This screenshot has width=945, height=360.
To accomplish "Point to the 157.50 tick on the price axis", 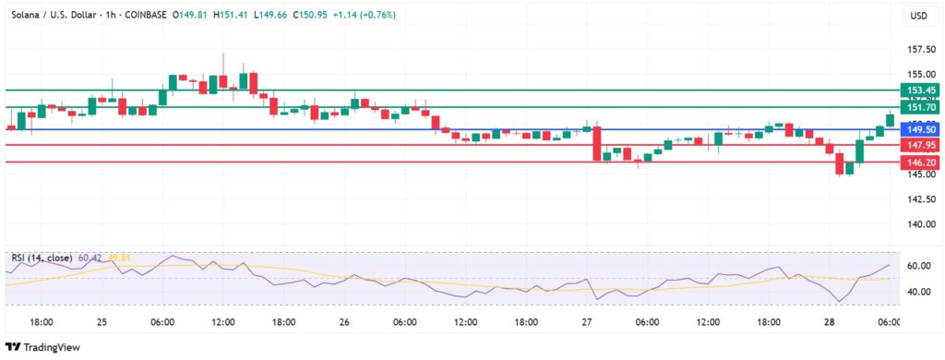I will point(917,49).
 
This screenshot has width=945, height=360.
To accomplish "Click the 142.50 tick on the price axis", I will point(917,199).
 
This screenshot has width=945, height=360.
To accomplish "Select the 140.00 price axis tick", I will point(917,224).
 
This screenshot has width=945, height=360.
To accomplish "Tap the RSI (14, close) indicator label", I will point(44,257).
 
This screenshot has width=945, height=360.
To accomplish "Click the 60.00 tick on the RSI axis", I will point(917,266).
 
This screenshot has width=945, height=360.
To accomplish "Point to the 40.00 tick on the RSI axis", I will point(917,292).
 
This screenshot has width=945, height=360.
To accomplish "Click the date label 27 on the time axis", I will point(587,321).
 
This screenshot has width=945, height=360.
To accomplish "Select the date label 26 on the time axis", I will point(344,321).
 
